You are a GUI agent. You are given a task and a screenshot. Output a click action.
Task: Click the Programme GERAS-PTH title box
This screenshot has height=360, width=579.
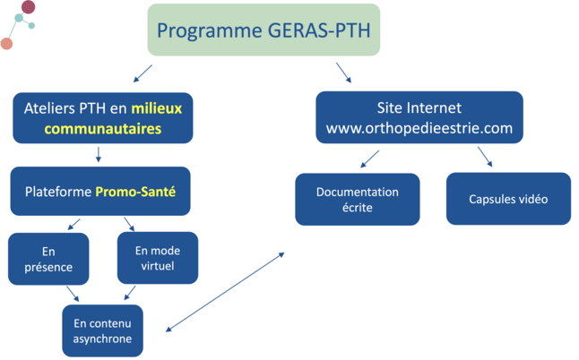point(264,30)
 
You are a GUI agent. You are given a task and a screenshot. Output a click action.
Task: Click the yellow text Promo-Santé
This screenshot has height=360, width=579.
point(135,192)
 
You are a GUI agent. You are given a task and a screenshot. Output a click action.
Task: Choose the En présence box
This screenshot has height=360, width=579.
point(48,259)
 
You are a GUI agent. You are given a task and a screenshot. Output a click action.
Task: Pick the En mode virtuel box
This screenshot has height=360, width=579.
point(157,258)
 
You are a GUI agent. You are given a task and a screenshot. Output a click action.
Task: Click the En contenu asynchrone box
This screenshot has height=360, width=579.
point(102,330)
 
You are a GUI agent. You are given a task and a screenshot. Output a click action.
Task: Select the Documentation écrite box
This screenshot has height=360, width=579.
point(357,199)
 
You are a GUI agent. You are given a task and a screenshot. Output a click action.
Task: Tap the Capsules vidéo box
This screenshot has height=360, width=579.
point(508,199)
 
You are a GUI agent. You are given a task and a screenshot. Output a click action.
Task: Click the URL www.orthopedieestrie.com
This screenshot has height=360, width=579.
point(419,128)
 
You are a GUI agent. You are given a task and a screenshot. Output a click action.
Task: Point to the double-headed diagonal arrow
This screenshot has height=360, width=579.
point(225,292)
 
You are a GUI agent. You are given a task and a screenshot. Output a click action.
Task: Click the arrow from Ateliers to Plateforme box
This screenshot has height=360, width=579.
point(98,154)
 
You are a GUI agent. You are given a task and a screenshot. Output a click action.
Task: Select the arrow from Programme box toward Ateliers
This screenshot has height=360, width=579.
point(142,73)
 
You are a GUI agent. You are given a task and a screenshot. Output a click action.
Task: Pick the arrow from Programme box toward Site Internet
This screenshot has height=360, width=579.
point(343,73)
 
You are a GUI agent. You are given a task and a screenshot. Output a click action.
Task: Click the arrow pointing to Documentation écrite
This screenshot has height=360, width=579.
point(369,159)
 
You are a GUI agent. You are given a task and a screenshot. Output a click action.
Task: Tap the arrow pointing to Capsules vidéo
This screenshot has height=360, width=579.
point(485,158)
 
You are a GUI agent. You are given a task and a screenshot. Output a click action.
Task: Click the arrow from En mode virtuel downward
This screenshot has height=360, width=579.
point(129,293)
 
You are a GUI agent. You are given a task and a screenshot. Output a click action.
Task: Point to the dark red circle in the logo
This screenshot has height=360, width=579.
point(28,8)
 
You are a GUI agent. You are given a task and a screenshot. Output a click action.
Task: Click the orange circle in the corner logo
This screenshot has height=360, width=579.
point(6,43)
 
